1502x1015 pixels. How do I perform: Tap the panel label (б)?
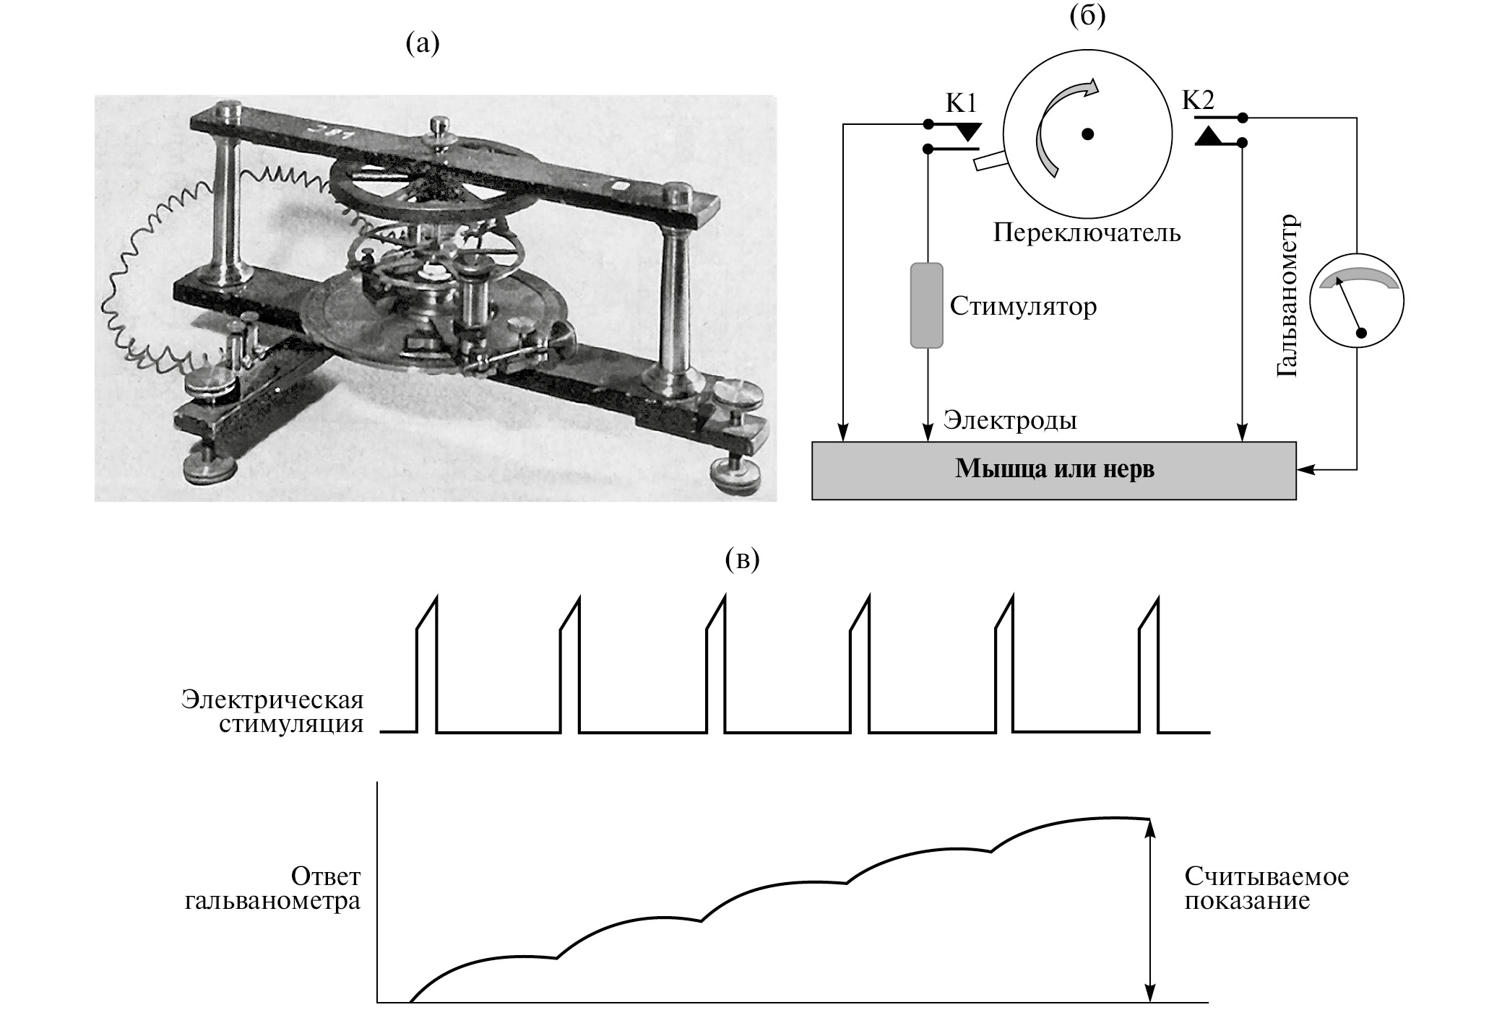(1087, 16)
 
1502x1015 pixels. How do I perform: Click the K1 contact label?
(961, 104)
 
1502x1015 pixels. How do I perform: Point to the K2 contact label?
(1198, 100)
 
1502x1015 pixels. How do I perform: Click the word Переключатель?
(1087, 232)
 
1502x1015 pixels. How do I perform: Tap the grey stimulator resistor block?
(926, 305)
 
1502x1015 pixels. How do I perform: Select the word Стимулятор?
(1023, 306)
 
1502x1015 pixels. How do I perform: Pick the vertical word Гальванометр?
(1287, 296)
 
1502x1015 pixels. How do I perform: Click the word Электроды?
(1010, 420)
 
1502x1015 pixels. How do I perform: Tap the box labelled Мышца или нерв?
(1054, 470)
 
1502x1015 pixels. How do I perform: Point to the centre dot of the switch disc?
(1088, 134)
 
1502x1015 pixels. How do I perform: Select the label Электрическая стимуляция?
(272, 712)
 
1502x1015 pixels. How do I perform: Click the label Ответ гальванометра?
(272, 889)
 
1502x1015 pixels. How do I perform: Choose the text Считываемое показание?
(1266, 889)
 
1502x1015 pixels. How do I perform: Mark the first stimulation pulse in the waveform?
(427, 664)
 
